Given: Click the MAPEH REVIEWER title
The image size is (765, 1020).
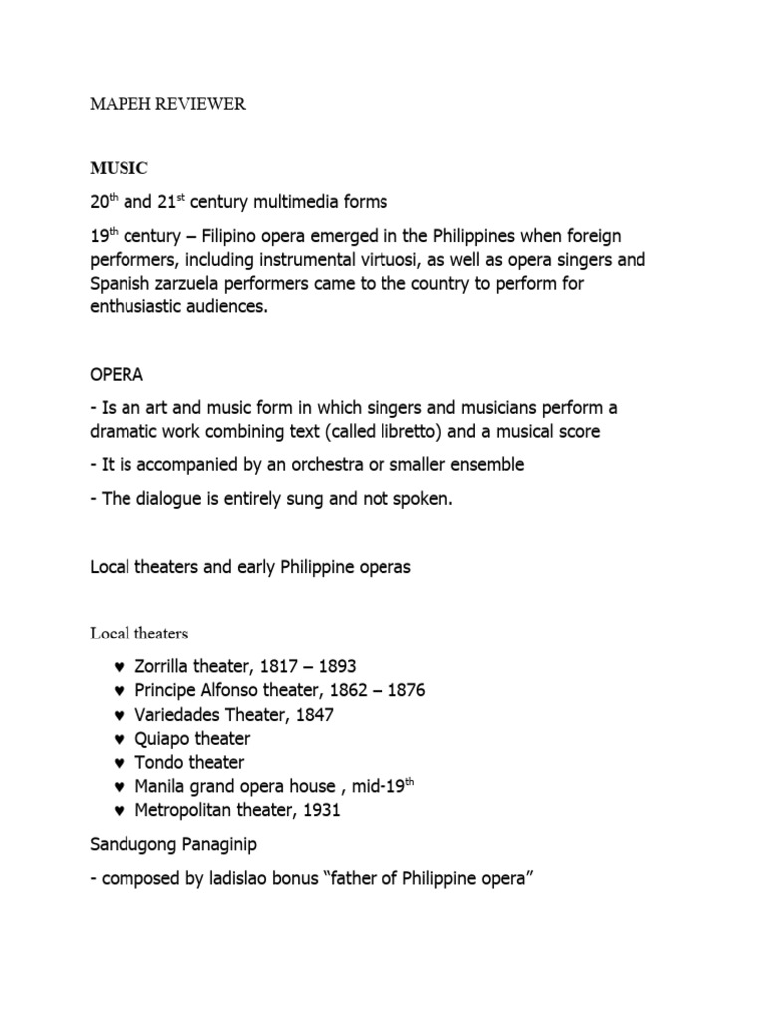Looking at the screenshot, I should point(167,104).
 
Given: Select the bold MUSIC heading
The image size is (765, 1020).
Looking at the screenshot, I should point(119,169).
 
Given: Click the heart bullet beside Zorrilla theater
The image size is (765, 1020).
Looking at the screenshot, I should point(120,666).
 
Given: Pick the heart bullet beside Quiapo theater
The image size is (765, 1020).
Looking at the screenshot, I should point(120,738).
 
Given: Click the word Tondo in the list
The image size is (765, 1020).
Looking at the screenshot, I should point(159,762).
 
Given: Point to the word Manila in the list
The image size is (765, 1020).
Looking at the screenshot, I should point(162,786).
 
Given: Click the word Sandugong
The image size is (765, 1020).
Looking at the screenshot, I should point(133,846).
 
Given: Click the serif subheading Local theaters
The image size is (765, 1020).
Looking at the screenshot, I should point(138,633).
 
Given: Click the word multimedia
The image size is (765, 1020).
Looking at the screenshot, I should point(298,202).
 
